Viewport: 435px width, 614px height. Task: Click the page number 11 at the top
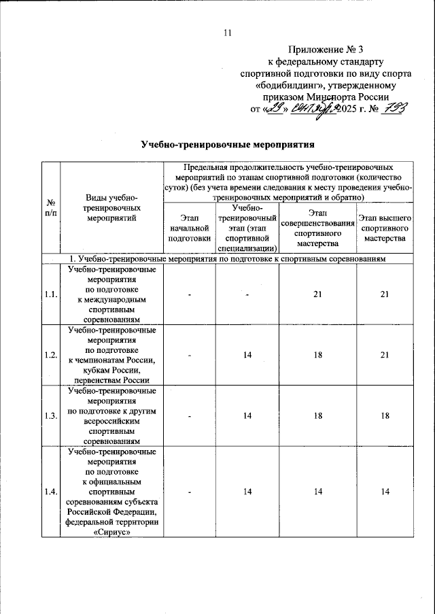(x=228, y=33)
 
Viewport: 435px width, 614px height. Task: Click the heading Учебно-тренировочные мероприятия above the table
(x=228, y=145)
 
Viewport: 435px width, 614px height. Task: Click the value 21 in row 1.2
(x=384, y=355)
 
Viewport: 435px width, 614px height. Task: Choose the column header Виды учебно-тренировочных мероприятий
(x=111, y=208)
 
